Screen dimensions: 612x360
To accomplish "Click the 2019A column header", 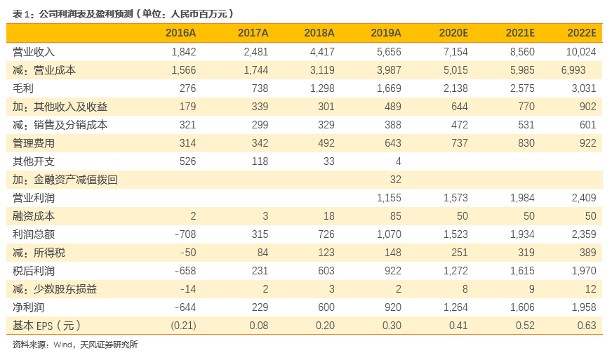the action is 385,33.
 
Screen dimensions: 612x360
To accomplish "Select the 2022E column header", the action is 582,33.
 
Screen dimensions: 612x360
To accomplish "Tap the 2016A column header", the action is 180,33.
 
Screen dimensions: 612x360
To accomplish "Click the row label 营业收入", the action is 34,52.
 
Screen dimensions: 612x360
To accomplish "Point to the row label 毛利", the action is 23,88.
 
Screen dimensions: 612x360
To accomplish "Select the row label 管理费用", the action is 34,143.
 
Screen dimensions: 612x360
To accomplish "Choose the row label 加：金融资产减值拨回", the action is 65,180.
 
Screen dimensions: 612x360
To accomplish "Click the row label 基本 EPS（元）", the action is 47,326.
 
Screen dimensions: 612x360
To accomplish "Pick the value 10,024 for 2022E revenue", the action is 581,52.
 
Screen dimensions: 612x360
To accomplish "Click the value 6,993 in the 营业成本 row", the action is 573,70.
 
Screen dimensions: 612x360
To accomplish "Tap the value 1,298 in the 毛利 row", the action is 322,88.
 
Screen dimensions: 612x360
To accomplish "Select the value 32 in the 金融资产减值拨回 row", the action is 396,180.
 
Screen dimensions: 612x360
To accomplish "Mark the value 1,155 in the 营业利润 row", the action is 389,198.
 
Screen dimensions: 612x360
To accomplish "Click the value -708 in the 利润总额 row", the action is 185,234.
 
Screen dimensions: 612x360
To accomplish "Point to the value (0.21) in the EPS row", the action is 183,326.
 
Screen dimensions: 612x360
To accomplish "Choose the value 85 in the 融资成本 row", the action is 396,216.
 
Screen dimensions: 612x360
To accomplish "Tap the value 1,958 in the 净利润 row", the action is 584,307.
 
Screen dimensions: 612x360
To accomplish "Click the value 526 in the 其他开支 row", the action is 187,161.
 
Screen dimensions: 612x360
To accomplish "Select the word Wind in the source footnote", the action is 62,345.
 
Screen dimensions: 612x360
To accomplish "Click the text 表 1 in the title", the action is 21,15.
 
